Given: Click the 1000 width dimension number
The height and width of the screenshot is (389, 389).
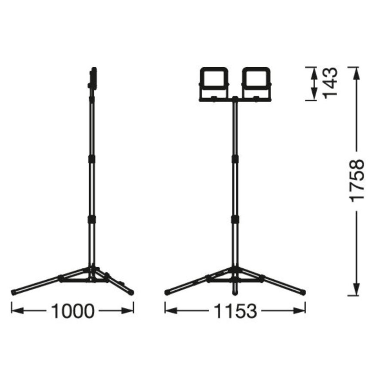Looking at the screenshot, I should (73, 311).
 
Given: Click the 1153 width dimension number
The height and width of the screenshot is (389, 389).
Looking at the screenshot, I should (236, 311).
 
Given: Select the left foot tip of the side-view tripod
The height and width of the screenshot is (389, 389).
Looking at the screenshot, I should (14, 293).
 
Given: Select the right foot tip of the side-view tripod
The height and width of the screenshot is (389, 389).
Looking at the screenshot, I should (131, 293).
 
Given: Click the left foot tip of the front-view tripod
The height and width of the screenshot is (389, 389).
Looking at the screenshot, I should (167, 293).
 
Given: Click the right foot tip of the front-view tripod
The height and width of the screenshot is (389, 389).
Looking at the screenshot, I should (304, 293).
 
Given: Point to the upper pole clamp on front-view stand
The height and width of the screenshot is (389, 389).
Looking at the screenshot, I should (234, 159).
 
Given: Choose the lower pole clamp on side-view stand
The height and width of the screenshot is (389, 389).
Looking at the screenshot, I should (92, 219).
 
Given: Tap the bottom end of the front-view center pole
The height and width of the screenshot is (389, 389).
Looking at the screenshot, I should (234, 294).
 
